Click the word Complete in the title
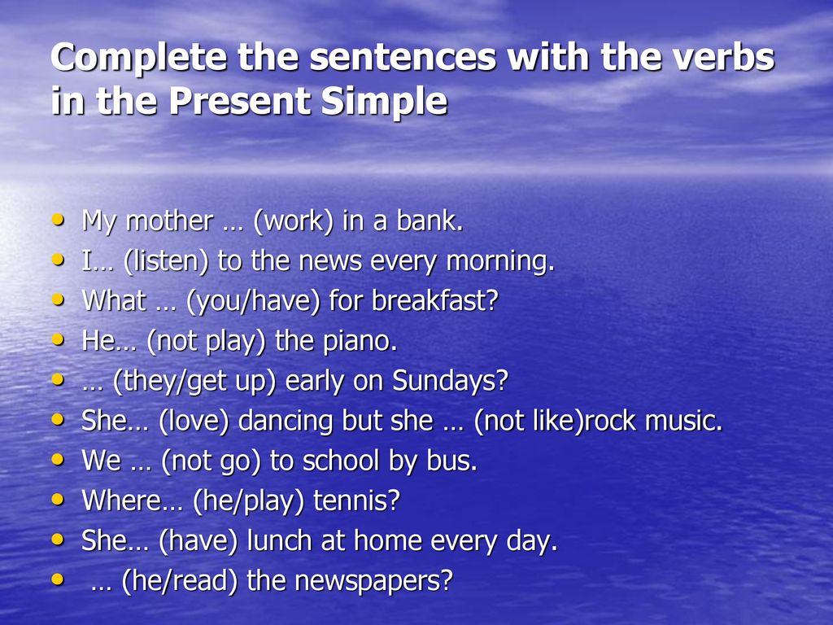pyautogui.click(x=139, y=58)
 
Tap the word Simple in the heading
pyautogui.click(x=384, y=101)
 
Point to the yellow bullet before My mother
pyautogui.click(x=58, y=219)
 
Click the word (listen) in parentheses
pyautogui.click(x=166, y=261)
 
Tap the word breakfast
pyautogui.click(x=435, y=300)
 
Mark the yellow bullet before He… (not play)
pyautogui.click(x=58, y=339)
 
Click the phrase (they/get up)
pyautogui.click(x=194, y=381)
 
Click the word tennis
pyautogui.click(x=356, y=500)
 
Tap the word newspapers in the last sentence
pyautogui.click(x=373, y=581)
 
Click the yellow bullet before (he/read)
pyautogui.click(x=58, y=579)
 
